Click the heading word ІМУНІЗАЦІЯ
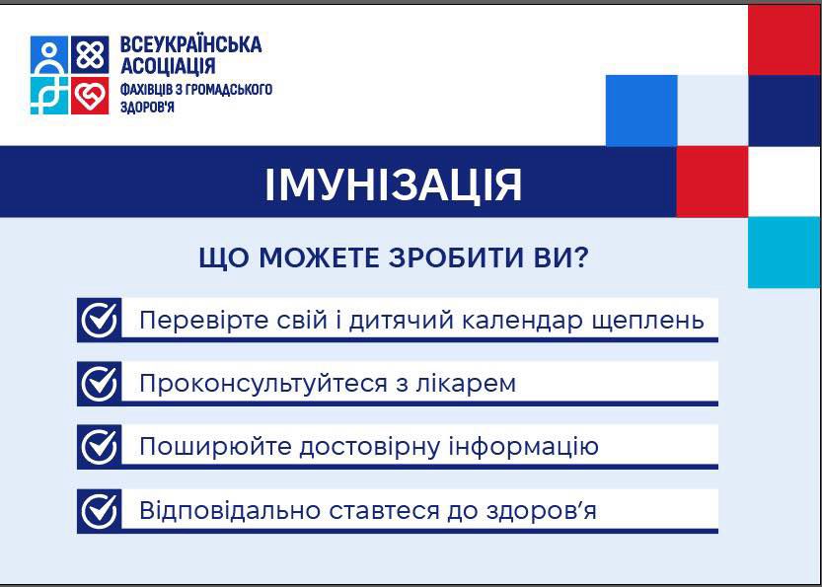[393, 185]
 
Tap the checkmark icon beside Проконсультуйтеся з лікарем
[100, 383]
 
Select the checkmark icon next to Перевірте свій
[100, 320]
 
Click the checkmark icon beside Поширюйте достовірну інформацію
[100, 447]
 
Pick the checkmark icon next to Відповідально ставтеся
[100, 511]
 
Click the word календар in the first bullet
[523, 321]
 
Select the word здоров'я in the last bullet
[542, 511]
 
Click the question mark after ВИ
[581, 257]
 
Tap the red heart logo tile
[90, 96]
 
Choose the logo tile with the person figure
[49, 55]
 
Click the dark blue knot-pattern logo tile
[90, 55]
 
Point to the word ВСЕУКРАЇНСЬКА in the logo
[190, 44]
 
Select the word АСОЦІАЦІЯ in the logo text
[168, 66]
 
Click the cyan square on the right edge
[785, 253]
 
